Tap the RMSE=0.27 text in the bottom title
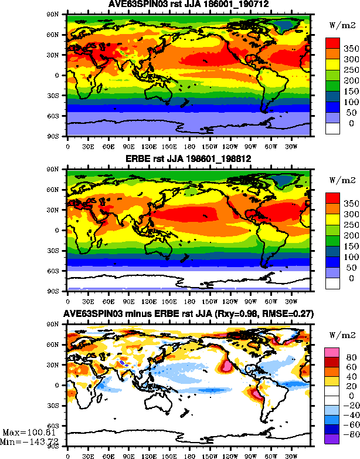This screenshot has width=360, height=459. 289,315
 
